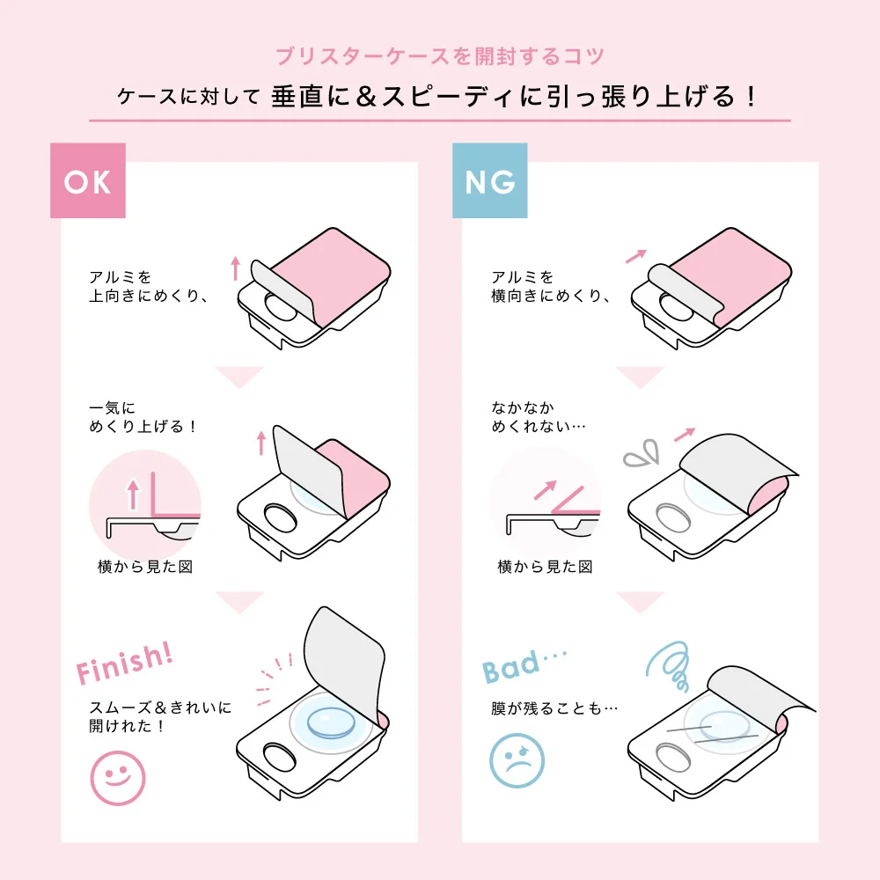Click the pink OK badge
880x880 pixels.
coord(87,180)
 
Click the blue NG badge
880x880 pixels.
coord(489,180)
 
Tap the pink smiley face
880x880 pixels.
coord(118,779)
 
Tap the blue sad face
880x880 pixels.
coord(517,760)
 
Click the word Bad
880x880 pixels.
coord(510,667)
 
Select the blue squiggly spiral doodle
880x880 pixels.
coord(669,666)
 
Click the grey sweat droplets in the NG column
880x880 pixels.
coord(642,453)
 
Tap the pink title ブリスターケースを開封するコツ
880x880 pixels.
coord(439,56)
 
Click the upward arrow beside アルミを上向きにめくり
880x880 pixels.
coord(236,268)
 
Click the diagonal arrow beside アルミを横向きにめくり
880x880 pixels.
coord(636,256)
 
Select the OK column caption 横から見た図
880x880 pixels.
coord(145,567)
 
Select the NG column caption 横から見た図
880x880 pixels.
coord(545,567)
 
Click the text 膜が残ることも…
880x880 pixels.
coord(554,708)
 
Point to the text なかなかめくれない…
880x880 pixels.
coord(539,417)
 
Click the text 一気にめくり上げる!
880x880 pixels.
coord(143,417)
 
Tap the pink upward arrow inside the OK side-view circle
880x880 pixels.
coord(133,494)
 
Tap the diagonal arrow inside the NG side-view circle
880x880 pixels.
coord(545,490)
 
